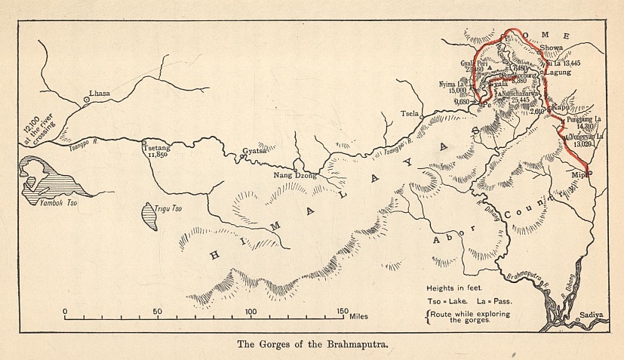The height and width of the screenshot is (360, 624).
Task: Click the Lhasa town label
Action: (100, 94)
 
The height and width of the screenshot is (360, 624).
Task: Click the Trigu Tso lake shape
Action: (149, 216)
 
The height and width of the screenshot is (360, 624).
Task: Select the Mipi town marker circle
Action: (590, 173)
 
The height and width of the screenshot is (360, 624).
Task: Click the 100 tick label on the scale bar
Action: (251, 311)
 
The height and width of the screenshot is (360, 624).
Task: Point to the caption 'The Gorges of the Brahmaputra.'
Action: (312, 345)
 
